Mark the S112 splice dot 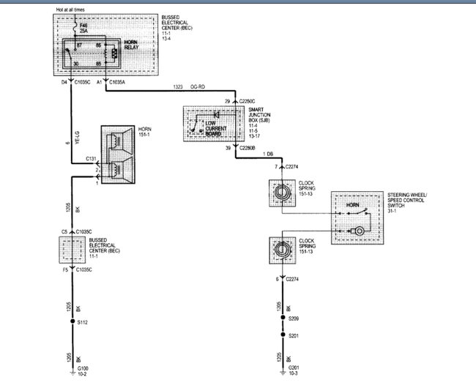(x=72, y=321)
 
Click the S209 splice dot (x=283, y=319)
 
